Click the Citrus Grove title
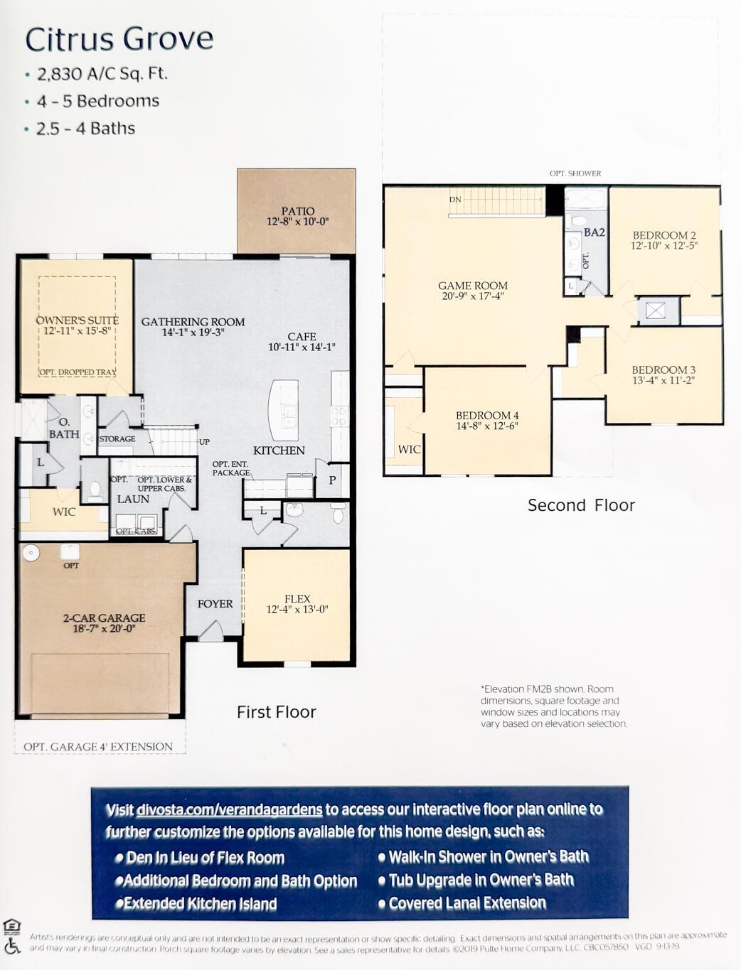coord(119,39)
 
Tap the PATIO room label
coord(297,211)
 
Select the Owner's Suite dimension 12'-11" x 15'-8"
coord(77,331)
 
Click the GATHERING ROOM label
coord(193,322)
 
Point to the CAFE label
coord(302,337)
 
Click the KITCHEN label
coord(279,451)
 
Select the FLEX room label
coord(297,599)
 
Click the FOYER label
coord(215,603)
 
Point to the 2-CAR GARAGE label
coord(104,618)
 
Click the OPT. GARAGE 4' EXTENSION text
coord(98,746)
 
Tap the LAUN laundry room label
coord(133,499)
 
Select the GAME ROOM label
coord(473,286)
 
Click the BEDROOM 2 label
coord(664,235)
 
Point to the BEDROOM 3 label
coord(663,370)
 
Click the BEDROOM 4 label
coord(487,416)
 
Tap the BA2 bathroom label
coord(595,232)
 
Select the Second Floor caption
coord(581,505)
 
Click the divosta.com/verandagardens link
coord(229,809)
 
